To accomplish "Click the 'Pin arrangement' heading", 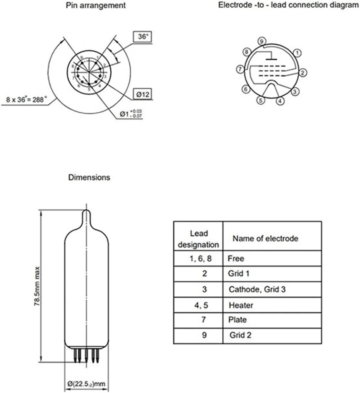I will point(96,6).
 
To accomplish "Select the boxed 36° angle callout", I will point(143,36).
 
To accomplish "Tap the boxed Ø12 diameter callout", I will point(143,94).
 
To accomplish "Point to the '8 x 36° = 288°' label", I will point(27,100).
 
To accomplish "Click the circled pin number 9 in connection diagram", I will point(262,41).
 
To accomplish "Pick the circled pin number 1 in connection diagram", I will point(297,53).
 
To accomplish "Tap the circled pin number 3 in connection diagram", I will point(294,91).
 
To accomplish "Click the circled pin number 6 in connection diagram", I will point(246,89).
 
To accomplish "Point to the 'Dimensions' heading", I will point(89,177).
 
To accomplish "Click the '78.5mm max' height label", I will point(37,286).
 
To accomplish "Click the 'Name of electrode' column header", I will point(265,238).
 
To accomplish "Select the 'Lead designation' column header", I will point(198,239).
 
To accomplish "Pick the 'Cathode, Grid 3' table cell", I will point(257,289).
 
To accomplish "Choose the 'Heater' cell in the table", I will point(241,305).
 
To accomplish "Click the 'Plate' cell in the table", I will point(237,320).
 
